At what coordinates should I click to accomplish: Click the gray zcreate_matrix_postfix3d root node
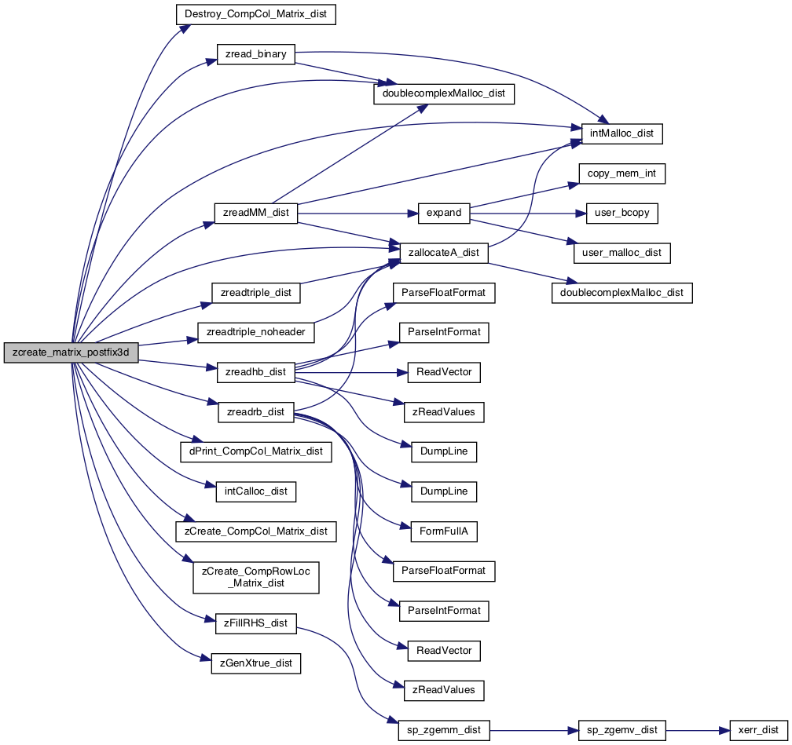point(71,352)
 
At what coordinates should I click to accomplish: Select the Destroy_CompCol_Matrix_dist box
point(255,14)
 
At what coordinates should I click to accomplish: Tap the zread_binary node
point(255,54)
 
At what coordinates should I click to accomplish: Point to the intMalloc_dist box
point(621,133)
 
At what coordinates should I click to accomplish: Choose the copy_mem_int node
point(621,173)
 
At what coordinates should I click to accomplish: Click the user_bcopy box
point(621,213)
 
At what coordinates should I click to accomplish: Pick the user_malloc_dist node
point(621,253)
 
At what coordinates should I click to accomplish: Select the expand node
point(444,213)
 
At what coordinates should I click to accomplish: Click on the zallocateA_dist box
point(444,253)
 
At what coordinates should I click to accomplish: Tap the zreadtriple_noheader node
point(255,333)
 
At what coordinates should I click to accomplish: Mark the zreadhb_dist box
point(255,372)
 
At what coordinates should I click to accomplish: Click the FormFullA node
point(444,531)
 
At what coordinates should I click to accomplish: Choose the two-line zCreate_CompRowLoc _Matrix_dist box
point(255,578)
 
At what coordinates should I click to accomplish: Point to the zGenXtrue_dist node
point(255,663)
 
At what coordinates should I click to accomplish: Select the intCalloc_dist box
point(255,491)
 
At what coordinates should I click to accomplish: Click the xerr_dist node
point(759,730)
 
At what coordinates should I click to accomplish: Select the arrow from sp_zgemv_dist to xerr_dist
point(698,730)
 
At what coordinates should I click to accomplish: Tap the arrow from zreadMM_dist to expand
point(358,214)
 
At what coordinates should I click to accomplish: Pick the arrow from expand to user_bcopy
point(528,214)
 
